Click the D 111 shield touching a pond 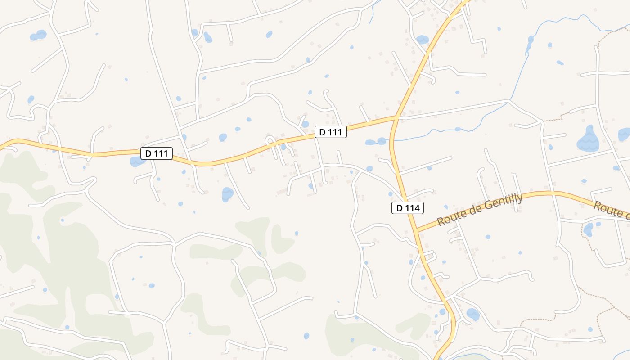tap(157, 153)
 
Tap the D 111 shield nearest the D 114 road tap(330, 132)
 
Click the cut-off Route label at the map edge tap(611, 210)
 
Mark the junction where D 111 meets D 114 tap(396, 118)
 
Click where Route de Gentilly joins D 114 tap(417, 231)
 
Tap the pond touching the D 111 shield tap(136, 161)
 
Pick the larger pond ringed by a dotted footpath tap(588, 230)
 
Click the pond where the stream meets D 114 tap(382, 141)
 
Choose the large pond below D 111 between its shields tap(228, 194)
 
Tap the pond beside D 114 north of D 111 tap(422, 40)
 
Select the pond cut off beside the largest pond tap(624, 134)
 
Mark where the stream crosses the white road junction tap(509, 101)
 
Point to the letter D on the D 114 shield tap(399, 208)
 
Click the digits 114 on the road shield tap(412, 208)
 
